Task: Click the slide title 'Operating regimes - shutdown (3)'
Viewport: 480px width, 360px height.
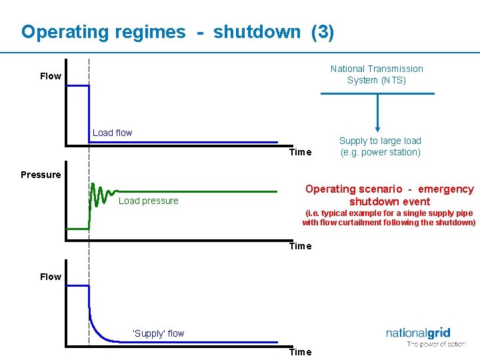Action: click(x=177, y=32)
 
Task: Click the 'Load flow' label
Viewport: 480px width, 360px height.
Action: click(x=112, y=133)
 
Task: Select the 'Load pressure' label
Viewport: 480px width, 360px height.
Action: click(x=148, y=201)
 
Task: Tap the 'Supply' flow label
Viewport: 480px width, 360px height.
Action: click(x=158, y=333)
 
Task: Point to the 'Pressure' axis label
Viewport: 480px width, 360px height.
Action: click(x=40, y=175)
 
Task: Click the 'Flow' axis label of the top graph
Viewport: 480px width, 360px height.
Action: click(x=51, y=76)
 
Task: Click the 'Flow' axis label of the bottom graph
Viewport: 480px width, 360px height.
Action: click(x=51, y=277)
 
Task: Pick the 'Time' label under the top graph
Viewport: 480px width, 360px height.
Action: click(x=300, y=152)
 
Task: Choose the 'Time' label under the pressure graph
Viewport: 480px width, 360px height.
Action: click(x=300, y=246)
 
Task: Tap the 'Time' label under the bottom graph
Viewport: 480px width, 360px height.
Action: click(x=300, y=352)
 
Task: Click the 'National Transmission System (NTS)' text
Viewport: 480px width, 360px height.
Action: click(x=377, y=74)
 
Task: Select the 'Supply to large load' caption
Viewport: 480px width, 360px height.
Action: click(x=380, y=146)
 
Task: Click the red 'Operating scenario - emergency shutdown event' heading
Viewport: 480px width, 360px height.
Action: click(x=389, y=195)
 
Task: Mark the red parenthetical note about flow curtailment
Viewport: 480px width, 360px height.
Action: click(x=389, y=218)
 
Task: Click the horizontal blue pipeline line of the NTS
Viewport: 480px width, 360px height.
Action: click(x=377, y=93)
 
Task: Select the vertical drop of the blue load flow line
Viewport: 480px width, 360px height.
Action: click(x=89, y=113)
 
